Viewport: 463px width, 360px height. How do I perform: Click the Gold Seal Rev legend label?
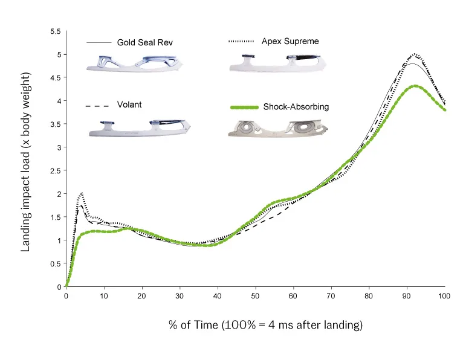(x=144, y=43)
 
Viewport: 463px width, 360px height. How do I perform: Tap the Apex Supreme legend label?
(x=290, y=42)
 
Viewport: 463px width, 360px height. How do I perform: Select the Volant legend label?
(x=129, y=104)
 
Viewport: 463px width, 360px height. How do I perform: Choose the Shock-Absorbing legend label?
(x=296, y=107)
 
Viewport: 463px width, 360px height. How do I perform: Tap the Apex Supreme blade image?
(x=277, y=62)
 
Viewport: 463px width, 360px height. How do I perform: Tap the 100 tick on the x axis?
(x=445, y=297)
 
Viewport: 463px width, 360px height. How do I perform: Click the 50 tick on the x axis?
(x=256, y=297)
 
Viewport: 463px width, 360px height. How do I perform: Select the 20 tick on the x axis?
(x=141, y=297)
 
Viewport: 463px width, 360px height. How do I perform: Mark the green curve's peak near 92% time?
(x=415, y=86)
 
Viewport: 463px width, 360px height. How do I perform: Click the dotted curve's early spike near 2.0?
(x=81, y=193)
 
